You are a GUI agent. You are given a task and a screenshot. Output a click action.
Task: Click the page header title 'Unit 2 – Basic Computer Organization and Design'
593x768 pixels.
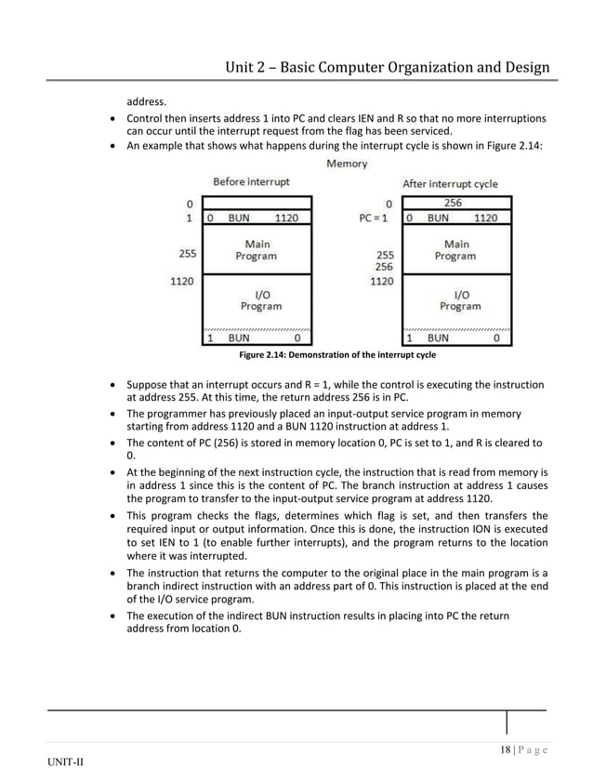[x=388, y=67]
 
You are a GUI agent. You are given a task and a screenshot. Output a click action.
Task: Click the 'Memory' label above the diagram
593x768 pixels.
[x=347, y=164]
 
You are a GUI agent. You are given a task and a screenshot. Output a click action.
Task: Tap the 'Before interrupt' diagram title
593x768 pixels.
[x=251, y=181]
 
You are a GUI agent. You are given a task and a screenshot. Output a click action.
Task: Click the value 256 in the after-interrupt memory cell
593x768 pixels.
[x=454, y=203]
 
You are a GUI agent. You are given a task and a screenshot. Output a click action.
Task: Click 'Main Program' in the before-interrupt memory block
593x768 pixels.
[x=256, y=250]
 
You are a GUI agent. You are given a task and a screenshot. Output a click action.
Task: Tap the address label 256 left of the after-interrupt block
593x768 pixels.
[x=383, y=266]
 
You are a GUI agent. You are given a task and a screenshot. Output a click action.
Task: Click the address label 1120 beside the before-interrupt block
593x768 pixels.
[x=181, y=279]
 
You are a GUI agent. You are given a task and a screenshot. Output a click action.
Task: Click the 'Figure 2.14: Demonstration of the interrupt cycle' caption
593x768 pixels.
[x=336, y=355]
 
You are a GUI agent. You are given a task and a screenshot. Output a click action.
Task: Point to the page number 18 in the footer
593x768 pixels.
[x=505, y=750]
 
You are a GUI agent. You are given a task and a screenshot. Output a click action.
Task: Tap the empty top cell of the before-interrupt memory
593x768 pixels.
[x=257, y=203]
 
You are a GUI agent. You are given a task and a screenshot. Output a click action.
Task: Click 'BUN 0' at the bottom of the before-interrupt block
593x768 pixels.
[x=257, y=338]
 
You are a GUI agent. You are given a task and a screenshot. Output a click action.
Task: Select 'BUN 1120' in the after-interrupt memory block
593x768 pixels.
[x=462, y=218]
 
